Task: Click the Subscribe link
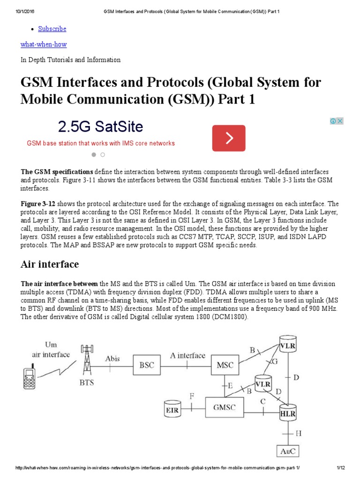click(x=52, y=29)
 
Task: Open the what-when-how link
click(x=44, y=44)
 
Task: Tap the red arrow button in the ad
click(x=228, y=138)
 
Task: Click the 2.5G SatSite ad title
click(x=100, y=127)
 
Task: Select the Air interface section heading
click(x=50, y=264)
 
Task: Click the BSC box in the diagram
click(x=147, y=365)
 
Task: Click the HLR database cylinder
click(x=288, y=412)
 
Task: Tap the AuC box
click(x=287, y=451)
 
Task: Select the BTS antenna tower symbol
click(x=86, y=360)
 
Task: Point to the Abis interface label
click(x=112, y=359)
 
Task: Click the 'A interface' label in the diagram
click(x=187, y=355)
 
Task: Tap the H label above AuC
click(x=299, y=433)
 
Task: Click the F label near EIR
click(x=191, y=396)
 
